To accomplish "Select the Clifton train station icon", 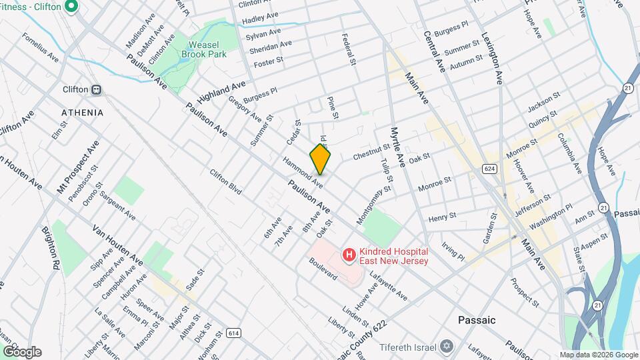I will (x=97, y=89).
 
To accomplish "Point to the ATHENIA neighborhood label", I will (x=82, y=113).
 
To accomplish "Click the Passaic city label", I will (x=477, y=320).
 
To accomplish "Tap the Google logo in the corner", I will (x=22, y=352).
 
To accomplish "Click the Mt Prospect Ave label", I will (x=79, y=167).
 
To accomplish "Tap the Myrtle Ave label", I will (x=399, y=147).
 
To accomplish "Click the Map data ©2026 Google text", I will (x=598, y=355).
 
